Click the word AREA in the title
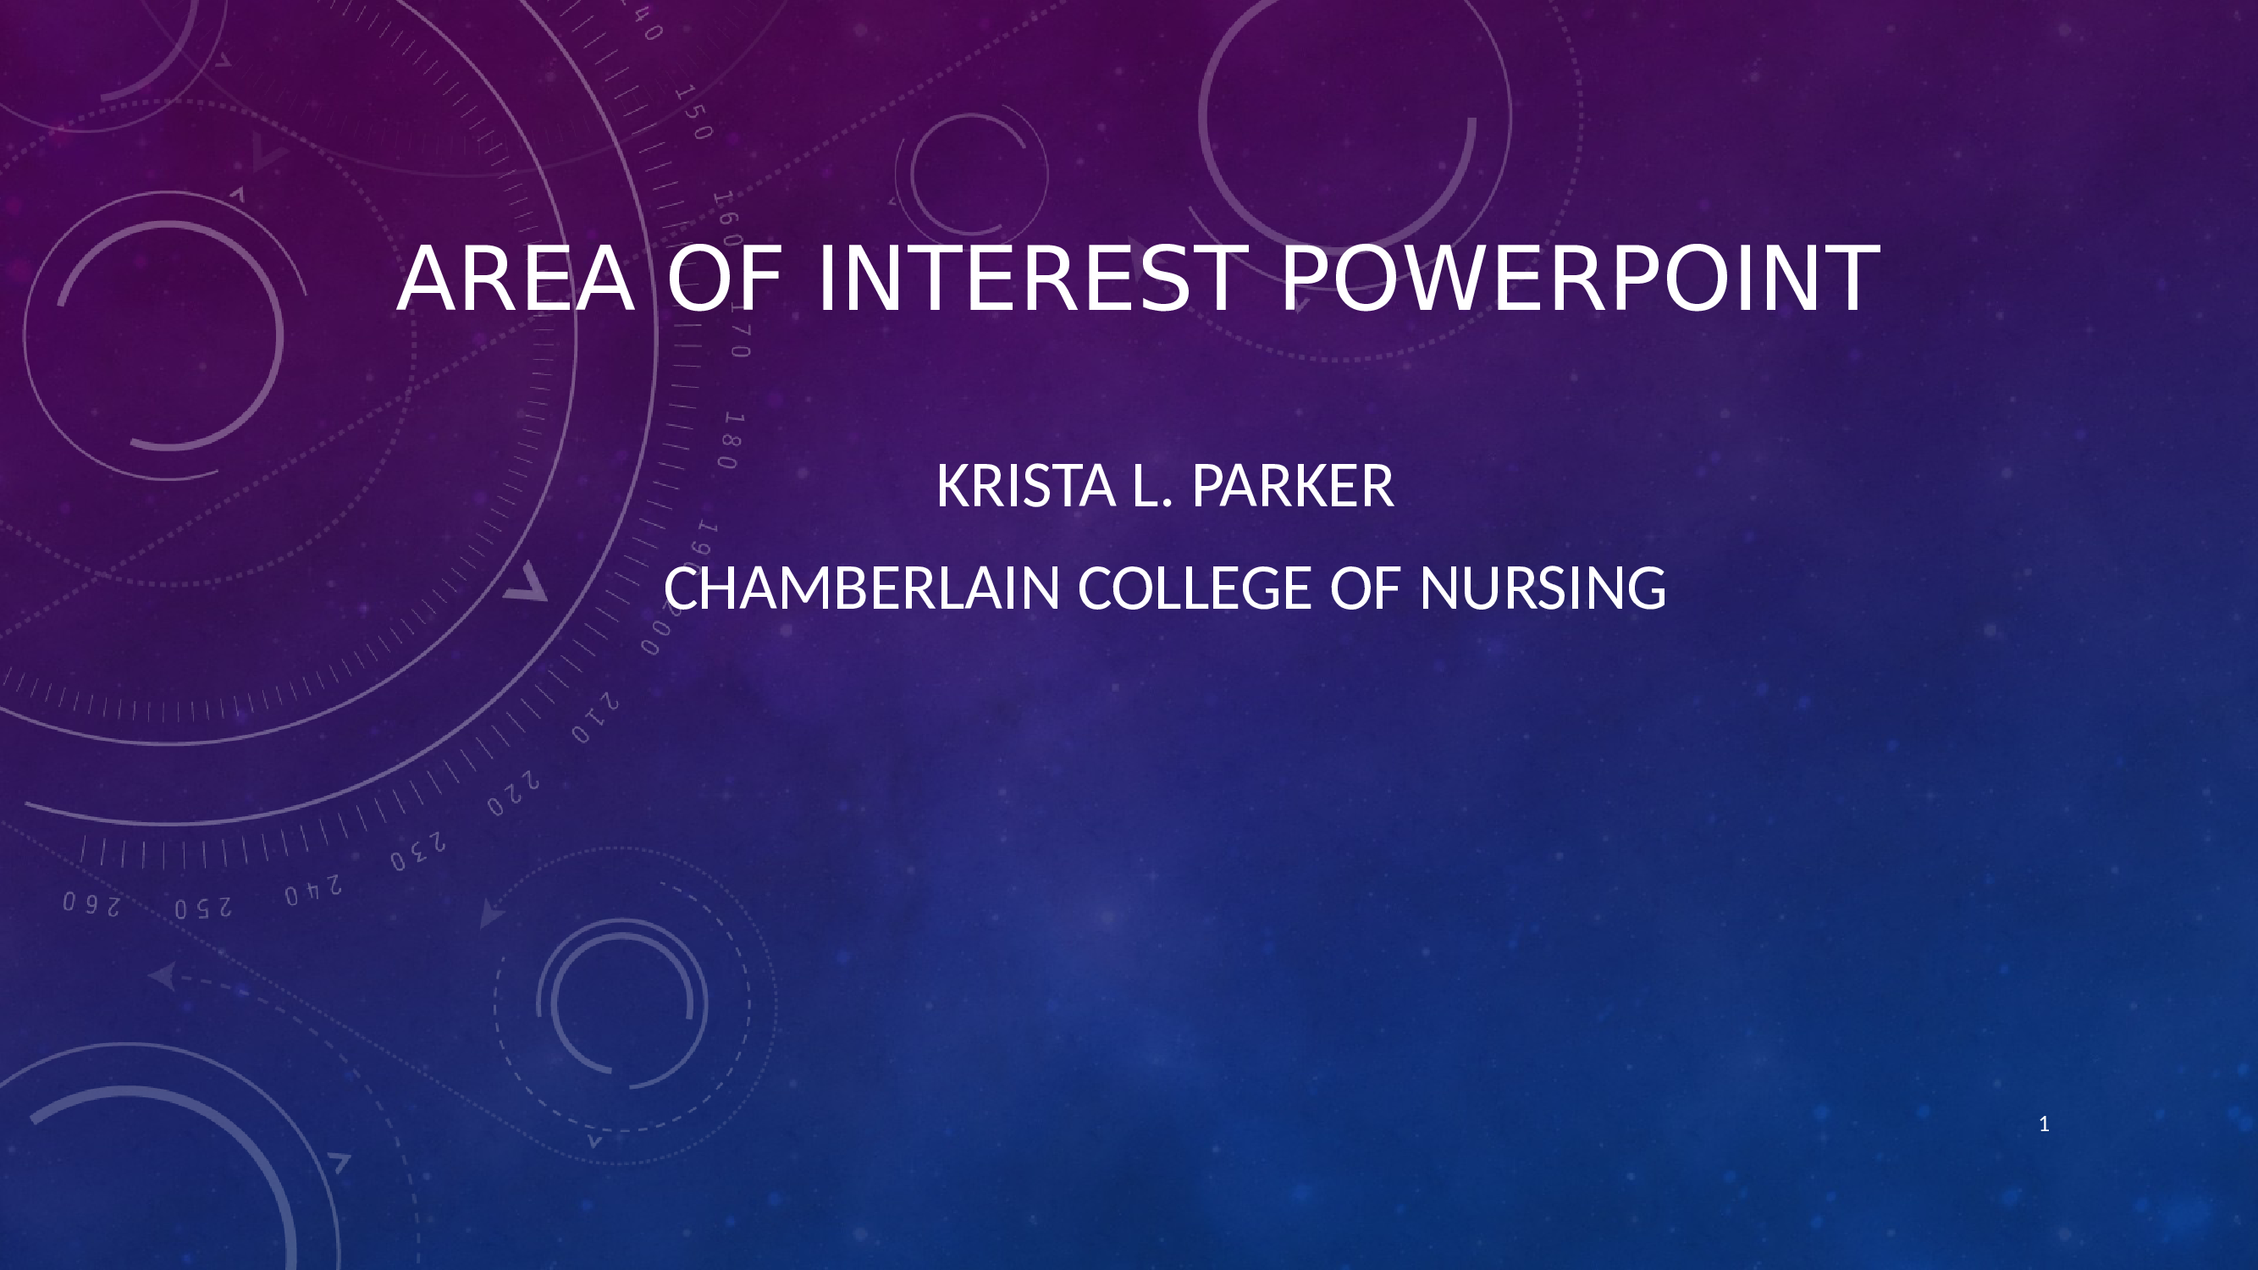point(516,279)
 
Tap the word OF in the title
point(724,279)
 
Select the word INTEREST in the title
point(1032,279)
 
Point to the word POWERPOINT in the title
point(1580,279)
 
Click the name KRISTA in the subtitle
point(1025,487)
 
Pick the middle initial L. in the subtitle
point(1151,487)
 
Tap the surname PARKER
point(1292,487)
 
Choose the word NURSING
point(1542,588)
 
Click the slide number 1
point(2044,1124)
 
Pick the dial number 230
point(418,852)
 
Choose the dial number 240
point(313,892)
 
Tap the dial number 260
point(91,904)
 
